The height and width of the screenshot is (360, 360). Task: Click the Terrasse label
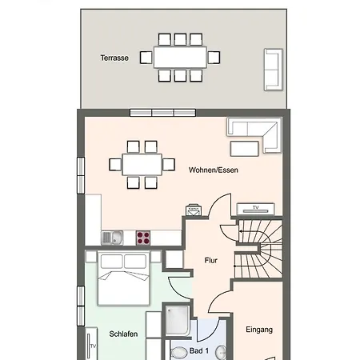click(114, 58)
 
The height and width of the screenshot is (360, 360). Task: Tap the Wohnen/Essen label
click(214, 170)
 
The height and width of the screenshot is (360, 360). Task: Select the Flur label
click(211, 260)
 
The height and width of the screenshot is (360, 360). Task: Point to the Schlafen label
click(123, 334)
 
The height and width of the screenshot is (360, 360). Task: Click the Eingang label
click(259, 330)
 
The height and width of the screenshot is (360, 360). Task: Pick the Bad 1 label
click(199, 350)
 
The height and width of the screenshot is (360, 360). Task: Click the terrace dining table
click(180, 58)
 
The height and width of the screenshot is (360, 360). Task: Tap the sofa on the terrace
click(274, 70)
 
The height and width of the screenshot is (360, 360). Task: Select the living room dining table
click(142, 165)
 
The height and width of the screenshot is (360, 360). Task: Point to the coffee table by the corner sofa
click(245, 149)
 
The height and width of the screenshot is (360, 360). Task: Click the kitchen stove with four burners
click(143, 238)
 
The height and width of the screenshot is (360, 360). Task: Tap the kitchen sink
click(112, 238)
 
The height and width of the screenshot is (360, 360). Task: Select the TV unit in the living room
click(256, 209)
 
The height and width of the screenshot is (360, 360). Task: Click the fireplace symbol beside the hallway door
click(194, 210)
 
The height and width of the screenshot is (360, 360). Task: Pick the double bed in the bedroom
click(123, 278)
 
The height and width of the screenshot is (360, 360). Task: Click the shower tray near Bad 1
click(177, 321)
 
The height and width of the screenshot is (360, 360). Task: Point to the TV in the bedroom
click(90, 344)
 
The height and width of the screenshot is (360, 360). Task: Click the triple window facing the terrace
click(162, 113)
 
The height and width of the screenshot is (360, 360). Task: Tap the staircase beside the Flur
click(258, 249)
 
